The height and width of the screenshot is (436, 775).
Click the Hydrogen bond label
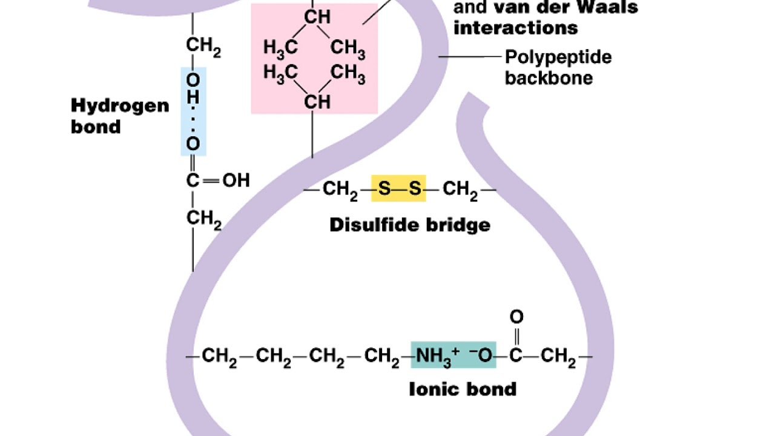120,116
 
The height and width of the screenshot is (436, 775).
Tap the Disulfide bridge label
410,225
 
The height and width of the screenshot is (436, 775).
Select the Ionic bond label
463,389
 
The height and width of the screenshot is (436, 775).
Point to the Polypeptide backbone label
558,67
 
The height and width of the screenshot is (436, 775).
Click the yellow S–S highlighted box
398,188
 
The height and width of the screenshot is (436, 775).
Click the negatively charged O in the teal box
481,355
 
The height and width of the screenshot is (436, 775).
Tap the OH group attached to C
236,180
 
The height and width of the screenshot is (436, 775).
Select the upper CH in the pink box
317,17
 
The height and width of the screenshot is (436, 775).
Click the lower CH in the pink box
317,102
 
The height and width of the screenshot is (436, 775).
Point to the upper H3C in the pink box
280,47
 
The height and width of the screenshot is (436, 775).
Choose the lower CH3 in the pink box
348,73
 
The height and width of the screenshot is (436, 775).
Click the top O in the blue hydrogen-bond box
193,81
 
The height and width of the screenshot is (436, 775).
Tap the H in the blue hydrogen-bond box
193,97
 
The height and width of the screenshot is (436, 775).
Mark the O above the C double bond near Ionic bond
516,317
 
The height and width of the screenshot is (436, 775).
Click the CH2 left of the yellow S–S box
340,190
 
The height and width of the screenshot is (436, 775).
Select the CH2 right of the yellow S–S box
460,190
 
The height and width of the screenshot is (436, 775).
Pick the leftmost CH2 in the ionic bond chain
219,357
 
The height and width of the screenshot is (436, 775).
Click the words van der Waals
566,7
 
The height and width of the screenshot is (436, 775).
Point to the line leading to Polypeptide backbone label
470,56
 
